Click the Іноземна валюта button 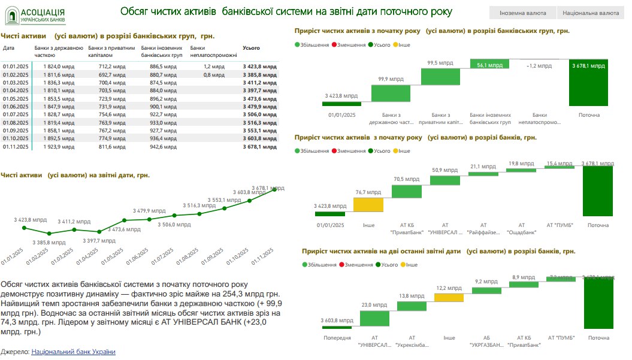[x=523, y=12]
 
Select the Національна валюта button [x=594, y=12]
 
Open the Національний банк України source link [x=73, y=352]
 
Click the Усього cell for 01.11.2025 [x=260, y=146]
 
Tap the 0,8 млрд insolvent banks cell [x=214, y=74]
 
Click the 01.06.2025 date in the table [x=16, y=106]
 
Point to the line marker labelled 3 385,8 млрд [x=49, y=234]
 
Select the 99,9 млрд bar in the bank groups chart [x=391, y=93]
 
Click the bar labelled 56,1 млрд [x=489, y=64]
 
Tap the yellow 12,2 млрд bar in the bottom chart [x=449, y=297]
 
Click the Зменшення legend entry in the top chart [x=351, y=45]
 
